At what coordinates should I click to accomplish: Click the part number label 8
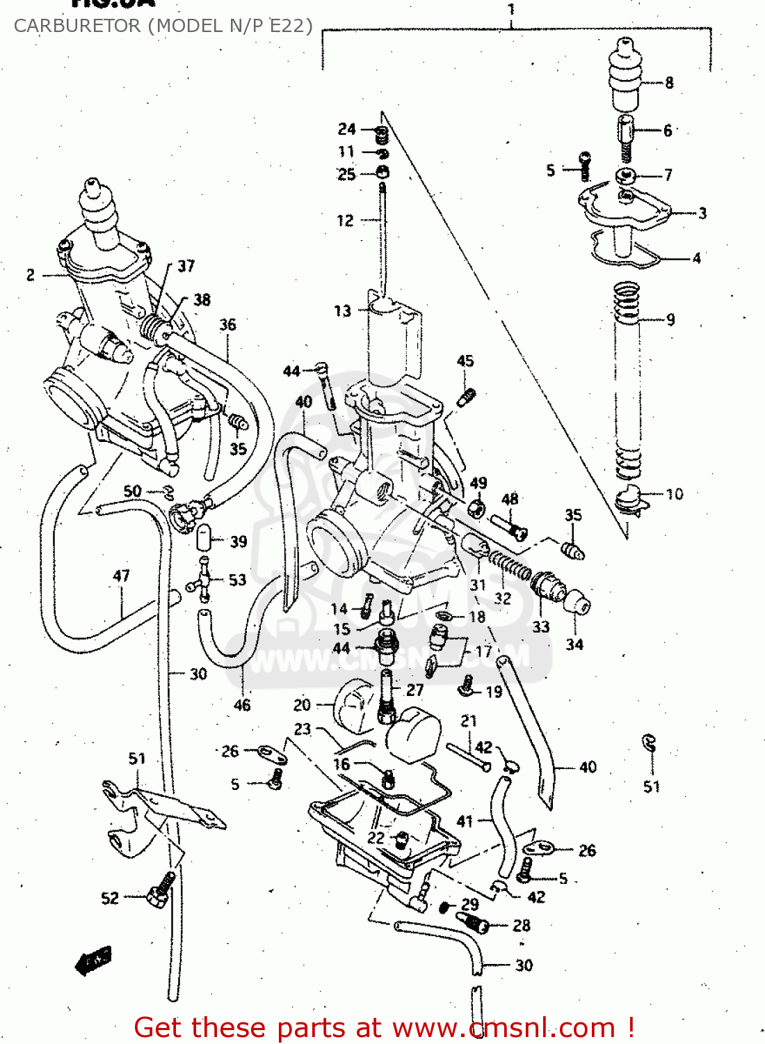pos(669,83)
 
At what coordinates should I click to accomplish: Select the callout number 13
pos(343,310)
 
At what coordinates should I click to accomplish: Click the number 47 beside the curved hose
pos(122,576)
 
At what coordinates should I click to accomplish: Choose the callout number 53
pos(238,580)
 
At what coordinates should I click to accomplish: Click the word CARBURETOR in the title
pos(77,26)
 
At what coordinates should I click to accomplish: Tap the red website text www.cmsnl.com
pos(504,1028)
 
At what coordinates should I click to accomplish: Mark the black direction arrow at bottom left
pos(92,960)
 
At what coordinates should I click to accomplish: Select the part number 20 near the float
pos(302,705)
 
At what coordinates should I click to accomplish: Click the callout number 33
pos(541,626)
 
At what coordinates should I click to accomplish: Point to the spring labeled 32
pos(511,565)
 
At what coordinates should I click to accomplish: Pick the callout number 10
pos(675,494)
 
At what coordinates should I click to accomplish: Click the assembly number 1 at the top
pos(511,10)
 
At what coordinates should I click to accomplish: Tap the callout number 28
pos(522,926)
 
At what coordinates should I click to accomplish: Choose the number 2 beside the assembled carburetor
pos(31,275)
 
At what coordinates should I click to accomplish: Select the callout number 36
pos(228,324)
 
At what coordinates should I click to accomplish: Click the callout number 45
pos(465,361)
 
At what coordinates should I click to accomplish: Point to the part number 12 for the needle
pos(345,221)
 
